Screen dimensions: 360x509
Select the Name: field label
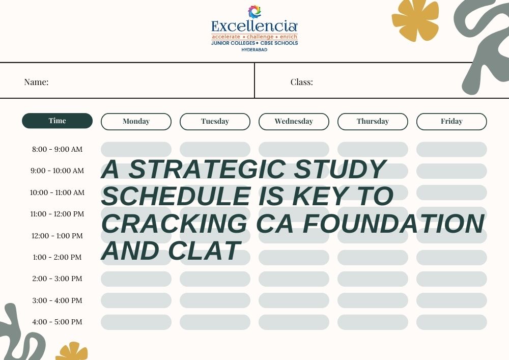point(36,82)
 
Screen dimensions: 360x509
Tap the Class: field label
point(302,82)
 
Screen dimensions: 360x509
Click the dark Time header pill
point(57,121)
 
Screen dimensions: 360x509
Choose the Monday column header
point(136,121)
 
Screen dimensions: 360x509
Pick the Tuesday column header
point(215,121)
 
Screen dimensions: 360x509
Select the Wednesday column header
point(294,121)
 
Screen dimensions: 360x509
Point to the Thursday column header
point(373,121)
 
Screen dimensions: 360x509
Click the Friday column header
point(451,121)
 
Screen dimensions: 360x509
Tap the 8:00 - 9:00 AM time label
point(57,149)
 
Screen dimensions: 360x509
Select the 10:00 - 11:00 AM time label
point(57,192)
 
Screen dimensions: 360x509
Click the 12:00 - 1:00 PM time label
point(57,236)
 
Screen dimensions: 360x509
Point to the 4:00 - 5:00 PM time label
point(57,322)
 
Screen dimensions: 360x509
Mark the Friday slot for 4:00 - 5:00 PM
point(451,322)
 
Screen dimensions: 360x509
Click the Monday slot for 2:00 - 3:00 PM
point(136,279)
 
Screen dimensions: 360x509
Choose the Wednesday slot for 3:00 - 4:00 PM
point(294,300)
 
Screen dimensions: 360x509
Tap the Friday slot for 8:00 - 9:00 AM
point(451,149)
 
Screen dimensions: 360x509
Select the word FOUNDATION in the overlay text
point(393,224)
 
